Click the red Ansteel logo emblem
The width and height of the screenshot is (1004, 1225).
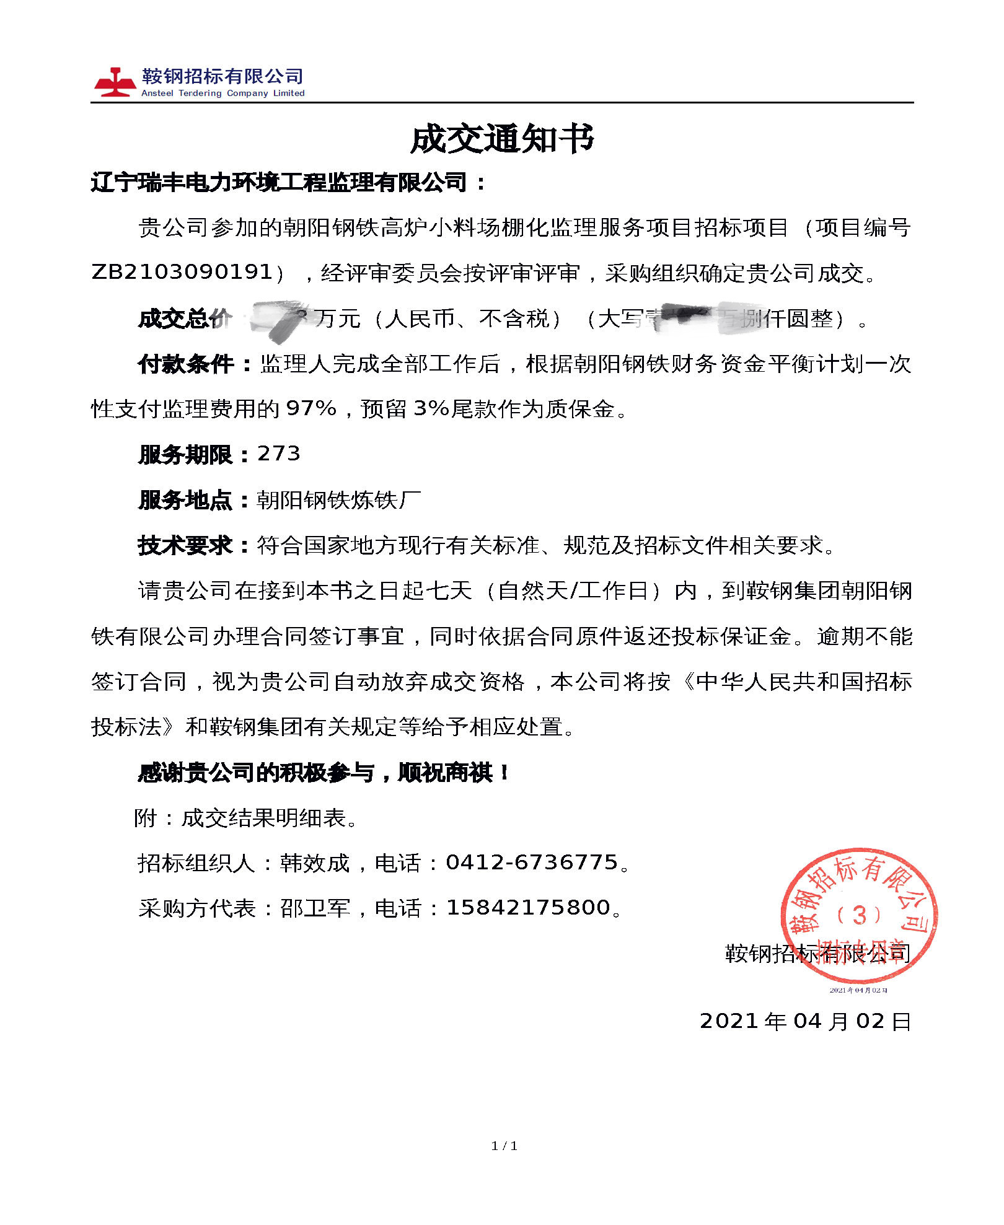[x=115, y=82]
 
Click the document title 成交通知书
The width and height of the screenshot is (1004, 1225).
[x=502, y=139]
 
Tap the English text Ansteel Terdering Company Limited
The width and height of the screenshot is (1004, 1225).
[x=222, y=94]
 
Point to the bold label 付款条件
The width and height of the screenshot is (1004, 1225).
[x=186, y=364]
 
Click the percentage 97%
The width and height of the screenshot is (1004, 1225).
[x=311, y=409]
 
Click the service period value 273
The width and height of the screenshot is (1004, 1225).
[x=279, y=454]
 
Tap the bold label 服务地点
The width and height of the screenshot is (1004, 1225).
[x=185, y=500]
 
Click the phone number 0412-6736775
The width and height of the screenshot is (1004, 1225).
[x=532, y=863]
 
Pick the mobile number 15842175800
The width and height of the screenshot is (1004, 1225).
[x=528, y=908]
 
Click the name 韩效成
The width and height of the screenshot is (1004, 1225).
[x=315, y=863]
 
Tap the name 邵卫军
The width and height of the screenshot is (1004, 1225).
[x=315, y=908]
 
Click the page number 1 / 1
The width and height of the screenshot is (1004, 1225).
[x=504, y=1146]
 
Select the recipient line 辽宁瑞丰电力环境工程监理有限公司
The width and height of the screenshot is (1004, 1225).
[x=279, y=183]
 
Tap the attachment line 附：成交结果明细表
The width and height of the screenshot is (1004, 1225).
[x=245, y=818]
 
